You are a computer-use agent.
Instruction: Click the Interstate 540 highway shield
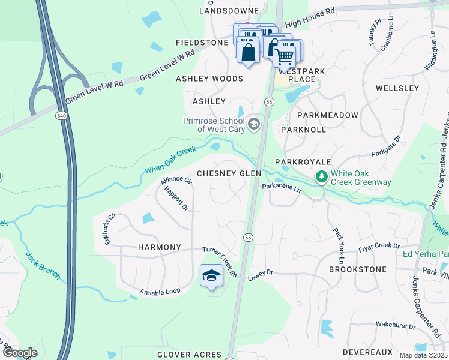click(x=62, y=115)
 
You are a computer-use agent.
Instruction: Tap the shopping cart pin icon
click(x=285, y=56)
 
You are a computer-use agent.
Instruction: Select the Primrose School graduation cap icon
click(x=254, y=124)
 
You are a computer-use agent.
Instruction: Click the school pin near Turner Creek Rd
click(x=211, y=276)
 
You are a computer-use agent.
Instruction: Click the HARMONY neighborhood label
click(x=159, y=247)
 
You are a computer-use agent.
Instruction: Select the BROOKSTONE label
click(x=358, y=269)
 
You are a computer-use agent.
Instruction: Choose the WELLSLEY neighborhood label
click(x=397, y=88)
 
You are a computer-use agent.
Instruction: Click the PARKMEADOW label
click(x=327, y=115)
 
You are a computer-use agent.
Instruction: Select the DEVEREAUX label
click(x=367, y=352)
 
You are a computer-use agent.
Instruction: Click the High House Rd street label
click(x=310, y=18)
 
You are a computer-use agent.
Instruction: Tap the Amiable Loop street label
click(x=160, y=292)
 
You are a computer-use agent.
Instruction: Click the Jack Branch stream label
click(x=43, y=265)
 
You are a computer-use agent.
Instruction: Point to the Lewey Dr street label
click(x=261, y=273)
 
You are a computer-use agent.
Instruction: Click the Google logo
click(x=20, y=353)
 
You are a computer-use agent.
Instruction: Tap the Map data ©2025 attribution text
click(x=423, y=355)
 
